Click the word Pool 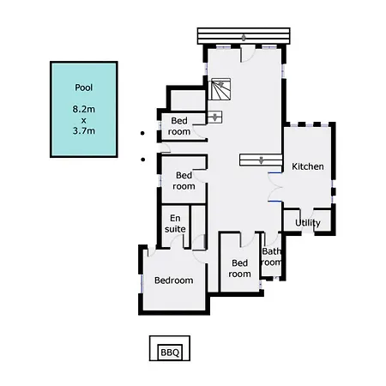tap(83, 87)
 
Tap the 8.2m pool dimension tap(83, 109)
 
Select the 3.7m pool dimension tap(83, 130)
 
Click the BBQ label tap(170, 353)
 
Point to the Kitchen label tap(308, 166)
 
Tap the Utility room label tap(308, 223)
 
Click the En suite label tap(175, 224)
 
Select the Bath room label tap(272, 256)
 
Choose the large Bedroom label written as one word tap(173, 280)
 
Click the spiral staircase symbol tap(220, 89)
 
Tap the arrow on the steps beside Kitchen tap(261, 160)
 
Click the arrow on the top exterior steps tap(244, 38)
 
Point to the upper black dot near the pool tap(142, 133)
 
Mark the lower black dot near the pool tap(142, 160)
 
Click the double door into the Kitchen tap(275, 187)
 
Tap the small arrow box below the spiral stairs tap(214, 118)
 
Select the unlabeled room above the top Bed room tap(188, 100)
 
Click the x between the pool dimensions tap(83, 120)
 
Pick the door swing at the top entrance tap(248, 53)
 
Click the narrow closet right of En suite tap(198, 226)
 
